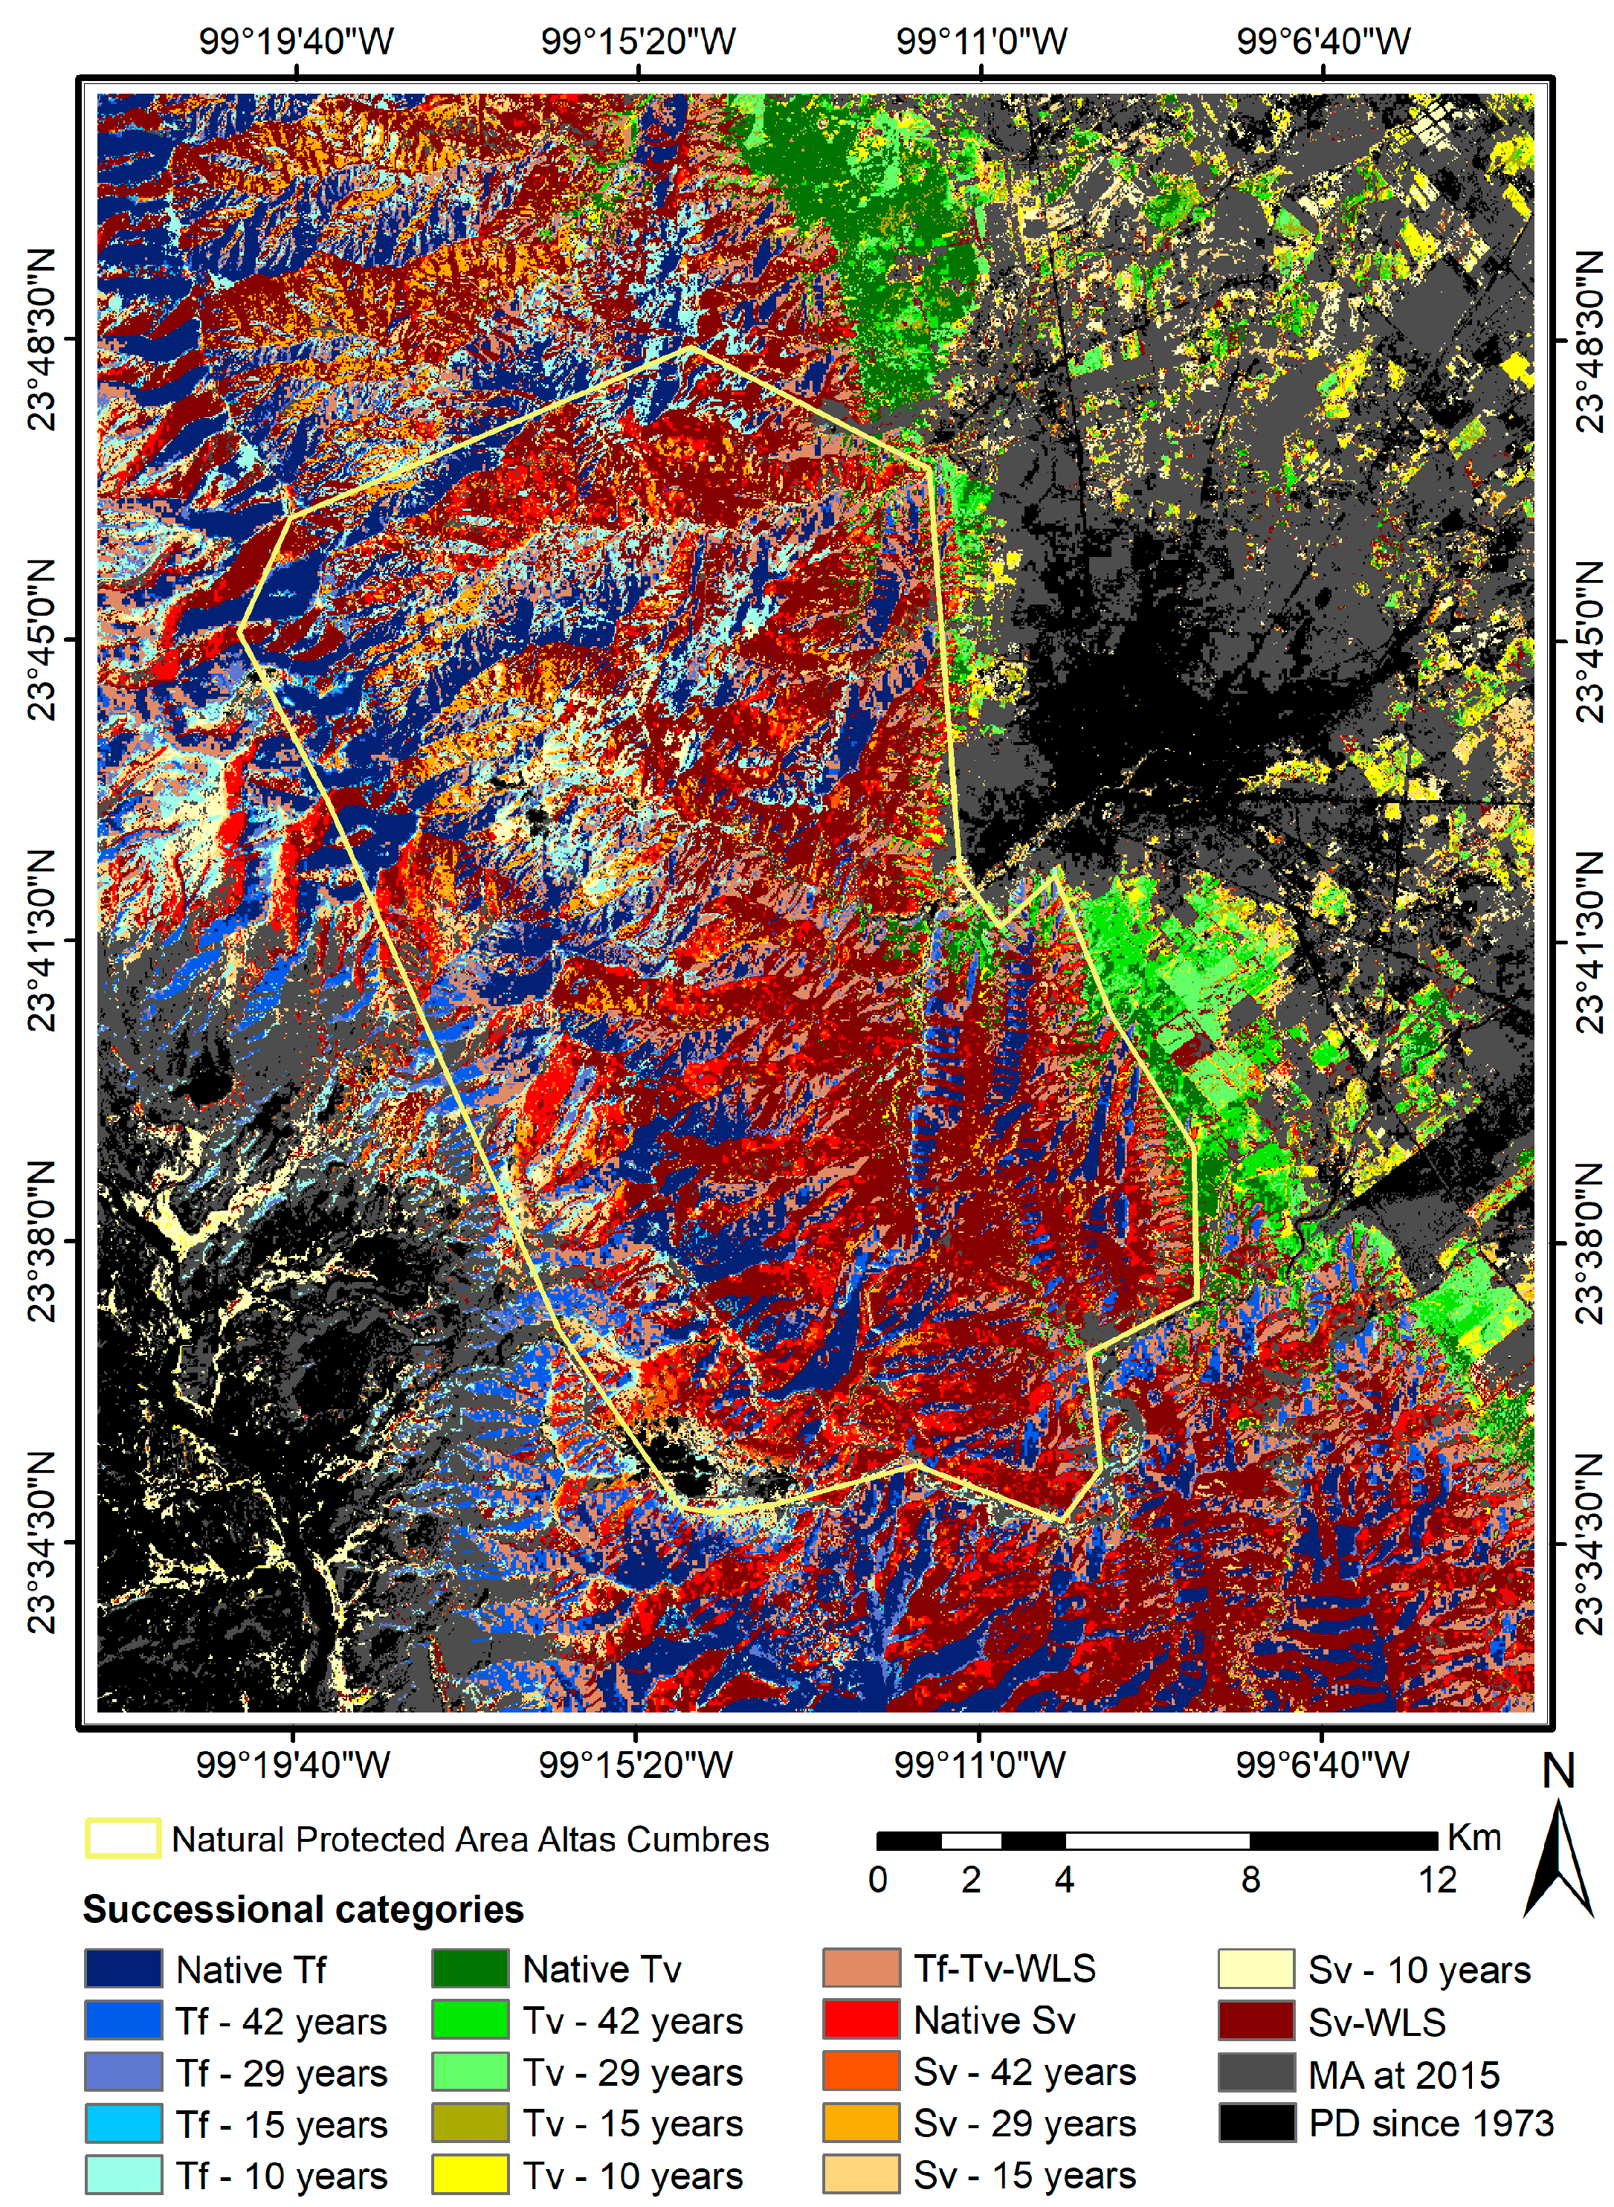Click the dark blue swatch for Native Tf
123,1968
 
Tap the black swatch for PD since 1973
1256,2123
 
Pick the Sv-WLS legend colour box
1256,2020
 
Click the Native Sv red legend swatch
861,2020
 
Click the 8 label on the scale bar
1250,1880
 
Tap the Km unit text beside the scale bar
1473,1837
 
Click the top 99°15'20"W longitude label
638,42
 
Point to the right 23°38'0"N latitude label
1589,1243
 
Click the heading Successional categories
303,1909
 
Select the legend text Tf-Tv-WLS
1004,1968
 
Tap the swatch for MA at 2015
1256,2072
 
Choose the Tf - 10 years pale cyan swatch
123,2175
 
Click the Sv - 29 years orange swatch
861,2123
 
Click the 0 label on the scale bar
877,1880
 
